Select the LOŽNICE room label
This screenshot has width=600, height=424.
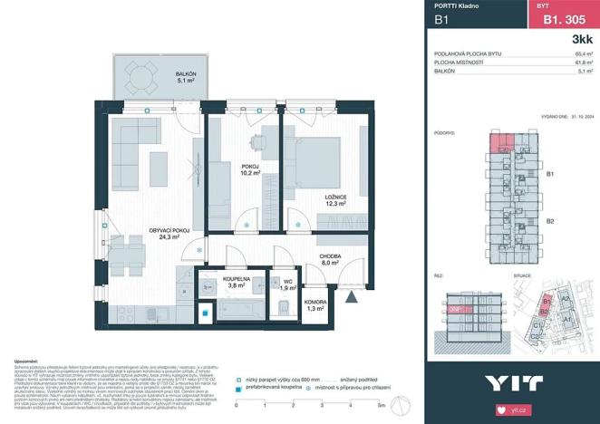click(x=312, y=197)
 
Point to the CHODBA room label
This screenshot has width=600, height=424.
click(x=329, y=257)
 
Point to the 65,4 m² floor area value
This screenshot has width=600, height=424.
click(x=583, y=54)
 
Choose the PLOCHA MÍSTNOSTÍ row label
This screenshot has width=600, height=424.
click(x=462, y=63)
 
